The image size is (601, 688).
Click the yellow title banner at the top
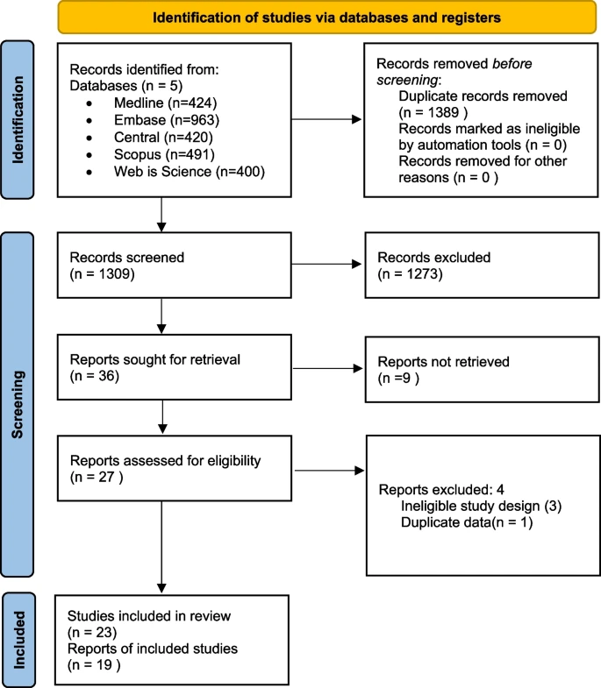[x=327, y=18]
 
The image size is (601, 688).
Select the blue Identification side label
[x=18, y=120]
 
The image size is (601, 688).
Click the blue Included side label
[x=18, y=640]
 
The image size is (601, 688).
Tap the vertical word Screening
[x=18, y=404]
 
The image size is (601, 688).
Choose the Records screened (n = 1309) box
[x=174, y=266]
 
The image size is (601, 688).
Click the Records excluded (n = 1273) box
[x=482, y=266]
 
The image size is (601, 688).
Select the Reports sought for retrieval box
[x=174, y=367]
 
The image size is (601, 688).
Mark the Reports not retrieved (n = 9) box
[x=482, y=370]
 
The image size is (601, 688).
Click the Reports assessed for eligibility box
[x=174, y=468]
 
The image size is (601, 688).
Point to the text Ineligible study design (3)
[x=481, y=506]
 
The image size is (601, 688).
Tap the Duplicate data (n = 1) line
[x=467, y=522]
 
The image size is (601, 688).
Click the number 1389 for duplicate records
[x=443, y=113]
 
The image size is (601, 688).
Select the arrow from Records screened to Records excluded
[x=326, y=264]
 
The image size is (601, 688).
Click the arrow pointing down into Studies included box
[x=161, y=547]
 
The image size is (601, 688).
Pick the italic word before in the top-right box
[x=512, y=64]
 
